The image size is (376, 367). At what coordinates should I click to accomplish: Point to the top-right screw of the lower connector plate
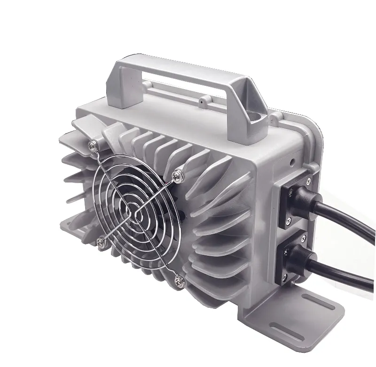click(307, 242)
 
